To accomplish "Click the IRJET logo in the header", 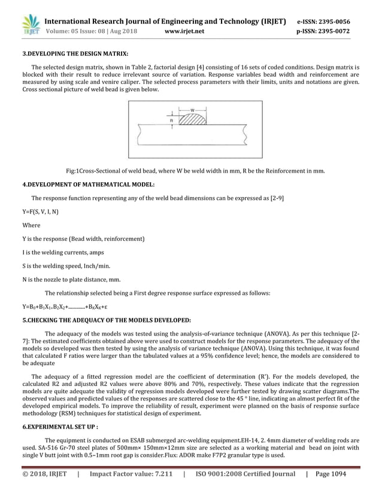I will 31,26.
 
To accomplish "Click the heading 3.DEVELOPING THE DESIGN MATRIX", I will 75,53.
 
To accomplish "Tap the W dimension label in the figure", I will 192,110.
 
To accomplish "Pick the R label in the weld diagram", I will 172,120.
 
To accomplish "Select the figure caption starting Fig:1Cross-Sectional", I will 195,171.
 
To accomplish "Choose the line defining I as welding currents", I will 62,252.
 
